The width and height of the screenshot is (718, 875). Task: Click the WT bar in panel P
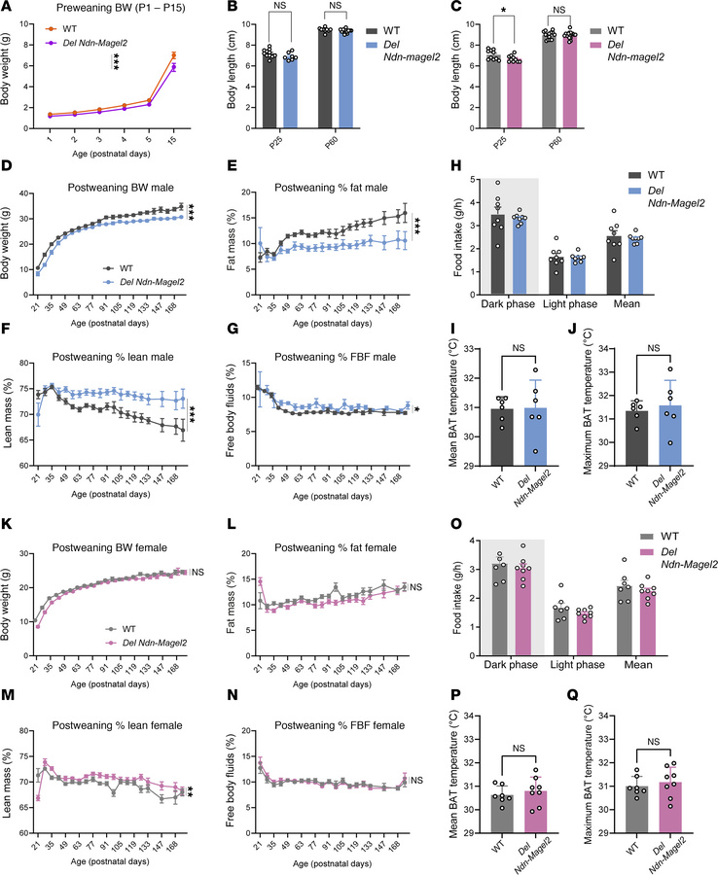(x=500, y=808)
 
